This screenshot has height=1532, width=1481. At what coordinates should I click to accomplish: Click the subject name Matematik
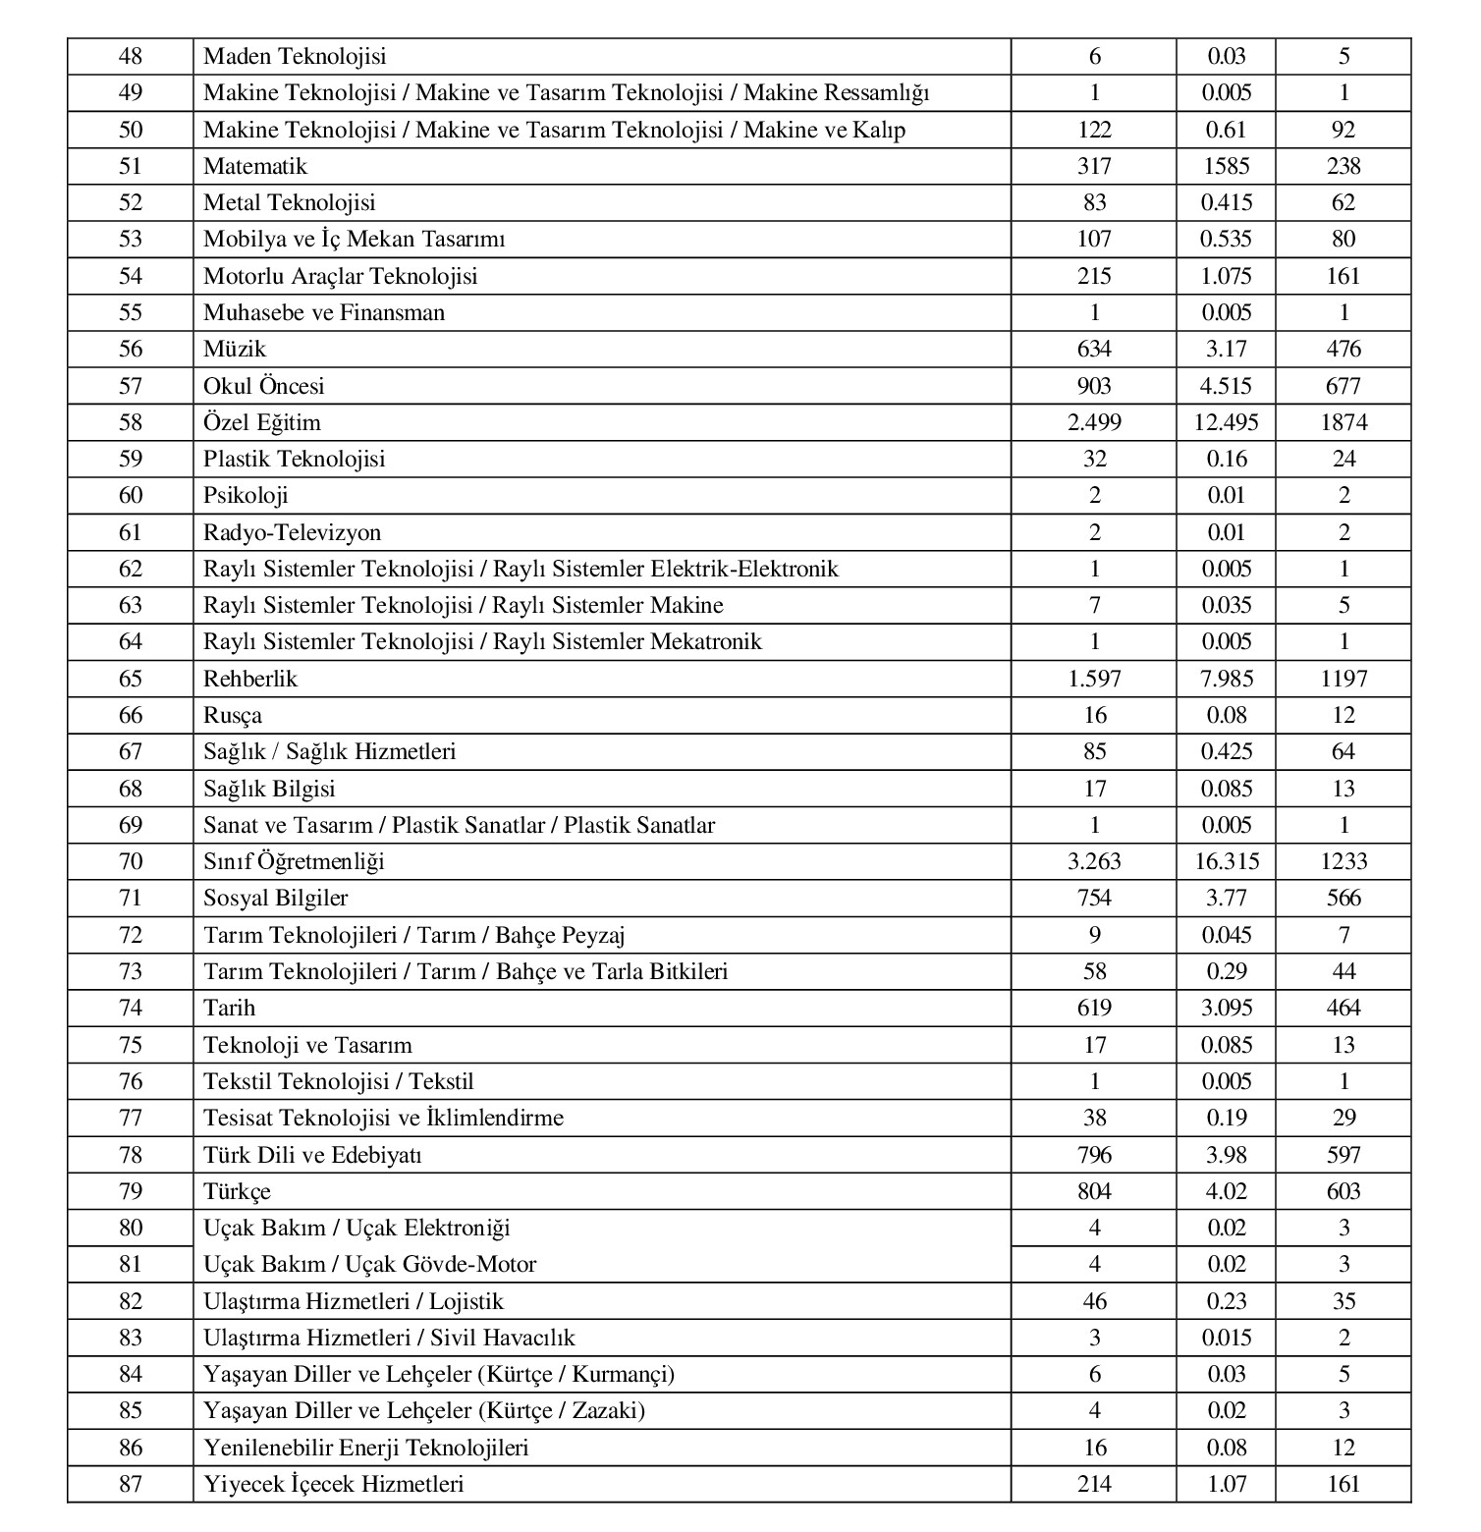(254, 166)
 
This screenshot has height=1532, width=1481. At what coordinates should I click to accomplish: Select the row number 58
(131, 422)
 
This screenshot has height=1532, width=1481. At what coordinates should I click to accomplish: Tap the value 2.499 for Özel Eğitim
(1094, 422)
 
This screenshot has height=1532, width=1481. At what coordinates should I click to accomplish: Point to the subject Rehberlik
(249, 679)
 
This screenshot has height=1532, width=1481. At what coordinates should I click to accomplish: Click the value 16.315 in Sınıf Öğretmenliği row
(1227, 861)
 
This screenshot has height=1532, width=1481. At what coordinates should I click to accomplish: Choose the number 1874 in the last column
(1344, 422)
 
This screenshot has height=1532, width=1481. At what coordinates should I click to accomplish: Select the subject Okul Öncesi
(263, 386)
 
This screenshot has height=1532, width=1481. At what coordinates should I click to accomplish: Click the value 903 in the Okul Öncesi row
(1094, 386)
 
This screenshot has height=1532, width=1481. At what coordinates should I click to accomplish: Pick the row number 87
(131, 1484)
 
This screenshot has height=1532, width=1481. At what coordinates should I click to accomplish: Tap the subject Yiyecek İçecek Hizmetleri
(333, 1484)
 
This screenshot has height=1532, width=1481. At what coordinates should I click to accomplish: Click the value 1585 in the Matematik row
(1227, 166)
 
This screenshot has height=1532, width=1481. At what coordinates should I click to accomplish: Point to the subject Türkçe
(236, 1191)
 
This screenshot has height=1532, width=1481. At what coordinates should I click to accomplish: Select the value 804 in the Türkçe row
(1094, 1191)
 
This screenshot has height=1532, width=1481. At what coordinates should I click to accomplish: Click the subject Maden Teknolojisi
(295, 56)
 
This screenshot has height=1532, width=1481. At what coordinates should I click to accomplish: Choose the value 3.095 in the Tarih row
(1227, 1008)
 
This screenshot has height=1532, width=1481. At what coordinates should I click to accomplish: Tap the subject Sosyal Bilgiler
(275, 898)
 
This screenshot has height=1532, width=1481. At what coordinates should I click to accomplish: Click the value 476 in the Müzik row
(1344, 349)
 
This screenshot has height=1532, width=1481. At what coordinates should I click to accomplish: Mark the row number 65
(131, 679)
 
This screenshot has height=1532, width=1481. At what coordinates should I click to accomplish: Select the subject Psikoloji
(246, 495)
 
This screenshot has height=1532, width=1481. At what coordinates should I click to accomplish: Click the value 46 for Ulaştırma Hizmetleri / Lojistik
(1094, 1301)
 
